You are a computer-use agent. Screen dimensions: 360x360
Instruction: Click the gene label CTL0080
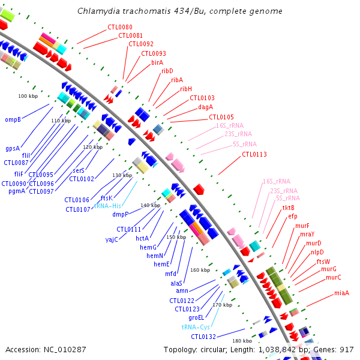pyautogui.click(x=120, y=28)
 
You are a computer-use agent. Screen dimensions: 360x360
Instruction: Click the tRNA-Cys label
pyautogui.click(x=196, y=327)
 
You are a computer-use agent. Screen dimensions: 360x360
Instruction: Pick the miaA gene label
pyautogui.click(x=342, y=293)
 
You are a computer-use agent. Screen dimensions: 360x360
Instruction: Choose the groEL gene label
pyautogui.click(x=197, y=317)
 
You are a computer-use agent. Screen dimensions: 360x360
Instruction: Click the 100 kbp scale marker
pyautogui.click(x=28, y=96)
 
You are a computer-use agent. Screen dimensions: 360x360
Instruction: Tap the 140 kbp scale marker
pyautogui.click(x=150, y=205)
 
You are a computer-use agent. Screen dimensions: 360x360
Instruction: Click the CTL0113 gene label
pyautogui.click(x=254, y=154)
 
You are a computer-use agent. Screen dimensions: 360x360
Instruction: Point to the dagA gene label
pyautogui.click(x=206, y=107)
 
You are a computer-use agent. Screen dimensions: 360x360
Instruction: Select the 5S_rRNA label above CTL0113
pyautogui.click(x=244, y=144)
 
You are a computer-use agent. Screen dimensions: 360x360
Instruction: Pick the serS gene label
pyautogui.click(x=79, y=170)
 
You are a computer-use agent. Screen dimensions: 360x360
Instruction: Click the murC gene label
pyautogui.click(x=334, y=277)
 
